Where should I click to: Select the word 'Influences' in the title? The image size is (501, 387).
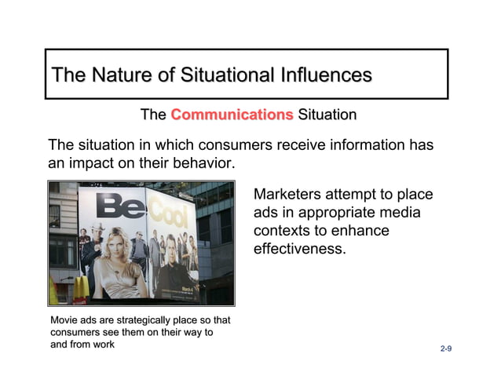coord(323,76)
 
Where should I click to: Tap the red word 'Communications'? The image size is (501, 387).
coord(232,115)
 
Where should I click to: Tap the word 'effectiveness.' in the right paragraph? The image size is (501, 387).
coord(299,250)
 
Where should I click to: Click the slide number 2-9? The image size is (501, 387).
coord(446,347)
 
